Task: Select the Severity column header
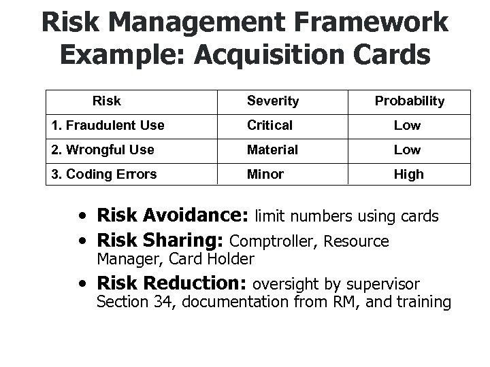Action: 273,101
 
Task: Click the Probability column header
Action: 409,101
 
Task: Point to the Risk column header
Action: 107,101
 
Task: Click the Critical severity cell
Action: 270,126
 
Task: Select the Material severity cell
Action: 272,150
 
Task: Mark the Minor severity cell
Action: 266,174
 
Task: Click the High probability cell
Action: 408,174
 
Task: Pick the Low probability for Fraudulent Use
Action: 408,126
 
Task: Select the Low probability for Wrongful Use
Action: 408,150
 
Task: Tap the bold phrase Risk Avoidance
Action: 173,217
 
